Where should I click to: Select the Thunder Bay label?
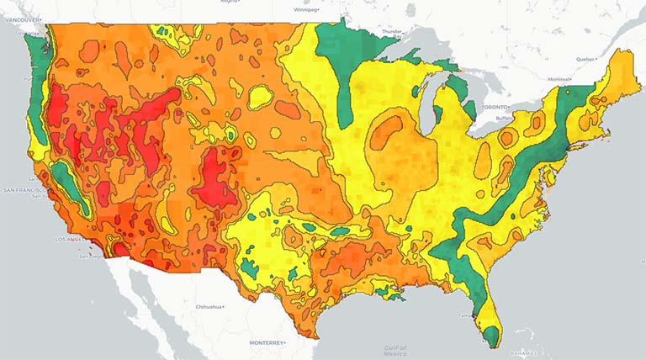tap(392, 31)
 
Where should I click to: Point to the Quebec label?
tap(585, 60)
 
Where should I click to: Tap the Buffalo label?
tap(504, 119)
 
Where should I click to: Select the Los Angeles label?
tap(69, 239)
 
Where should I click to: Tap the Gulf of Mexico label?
tap(394, 349)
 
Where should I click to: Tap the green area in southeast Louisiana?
tap(394, 293)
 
